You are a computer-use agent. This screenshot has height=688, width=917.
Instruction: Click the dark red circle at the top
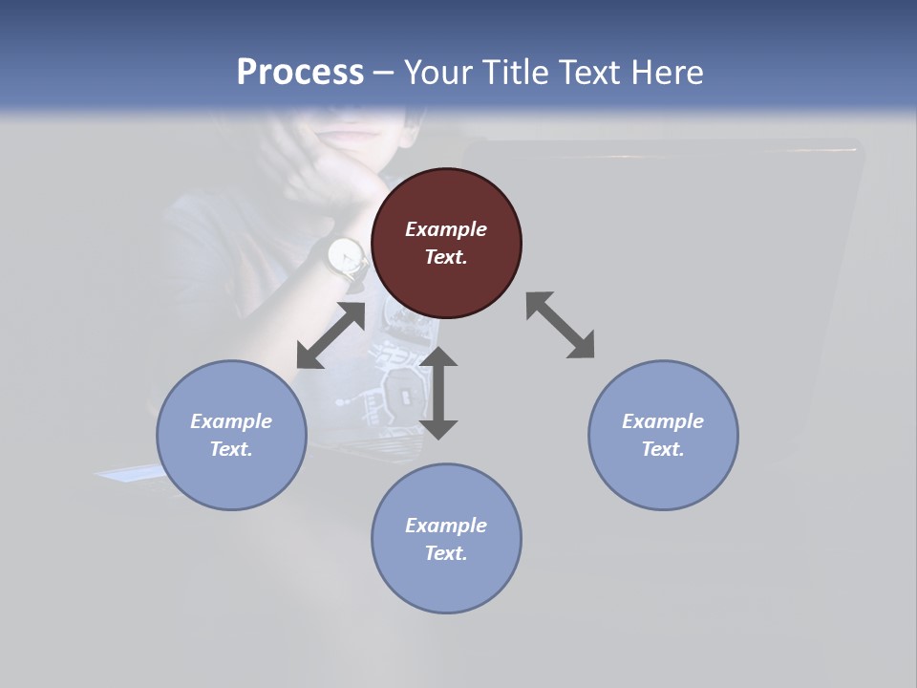(x=446, y=244)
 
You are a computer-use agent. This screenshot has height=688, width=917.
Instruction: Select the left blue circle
(x=231, y=435)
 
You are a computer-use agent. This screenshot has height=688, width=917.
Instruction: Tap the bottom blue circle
(x=446, y=538)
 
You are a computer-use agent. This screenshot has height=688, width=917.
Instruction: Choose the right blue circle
(x=663, y=435)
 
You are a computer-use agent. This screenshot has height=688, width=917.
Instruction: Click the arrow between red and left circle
(x=331, y=335)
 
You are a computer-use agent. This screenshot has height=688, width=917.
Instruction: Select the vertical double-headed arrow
(x=438, y=393)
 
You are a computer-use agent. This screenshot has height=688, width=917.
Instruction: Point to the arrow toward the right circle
(x=560, y=325)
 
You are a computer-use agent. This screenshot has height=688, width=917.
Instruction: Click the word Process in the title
(x=300, y=72)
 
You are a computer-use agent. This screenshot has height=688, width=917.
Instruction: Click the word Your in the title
(x=436, y=72)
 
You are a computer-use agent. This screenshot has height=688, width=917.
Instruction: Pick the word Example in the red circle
(x=446, y=229)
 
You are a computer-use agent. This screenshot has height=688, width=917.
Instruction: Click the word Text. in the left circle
(x=231, y=449)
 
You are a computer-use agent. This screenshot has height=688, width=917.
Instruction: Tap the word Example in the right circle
(x=663, y=421)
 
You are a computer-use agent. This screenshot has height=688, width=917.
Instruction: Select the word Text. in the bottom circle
(x=446, y=553)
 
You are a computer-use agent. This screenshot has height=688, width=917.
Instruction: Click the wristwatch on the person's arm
(x=346, y=255)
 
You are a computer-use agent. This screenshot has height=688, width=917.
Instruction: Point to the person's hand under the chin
(x=330, y=177)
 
